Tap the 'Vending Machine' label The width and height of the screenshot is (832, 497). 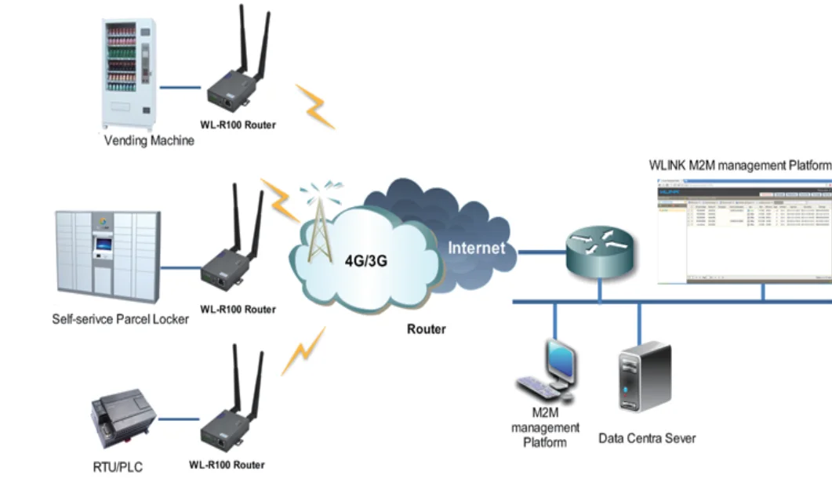point(149,141)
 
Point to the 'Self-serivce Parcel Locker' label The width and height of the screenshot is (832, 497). point(120,319)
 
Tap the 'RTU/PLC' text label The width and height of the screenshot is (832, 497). point(118,468)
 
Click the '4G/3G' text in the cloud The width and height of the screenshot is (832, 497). point(366,261)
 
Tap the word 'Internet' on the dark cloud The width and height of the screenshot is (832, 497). point(476,248)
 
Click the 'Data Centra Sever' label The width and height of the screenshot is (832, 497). point(647,437)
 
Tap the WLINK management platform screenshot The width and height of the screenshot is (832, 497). point(743,230)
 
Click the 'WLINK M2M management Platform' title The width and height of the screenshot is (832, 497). point(739,165)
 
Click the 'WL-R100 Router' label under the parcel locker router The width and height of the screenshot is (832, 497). point(238,310)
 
